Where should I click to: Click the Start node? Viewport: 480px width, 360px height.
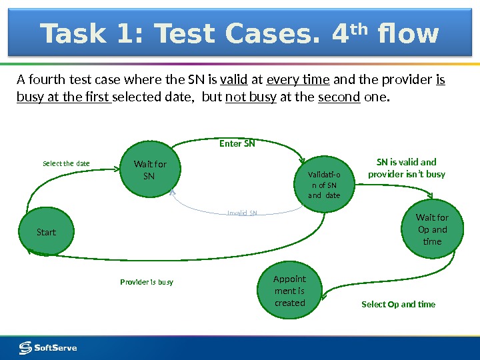pyautogui.click(x=46, y=232)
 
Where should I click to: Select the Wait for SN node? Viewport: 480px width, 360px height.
pyautogui.click(x=150, y=170)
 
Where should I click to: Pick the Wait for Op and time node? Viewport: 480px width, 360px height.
pyautogui.click(x=432, y=229)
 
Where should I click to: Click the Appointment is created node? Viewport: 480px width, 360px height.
pyautogui.click(x=289, y=291)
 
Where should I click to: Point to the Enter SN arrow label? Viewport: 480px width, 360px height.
pyautogui.click(x=237, y=143)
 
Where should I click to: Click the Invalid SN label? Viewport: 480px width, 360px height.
pyautogui.click(x=242, y=213)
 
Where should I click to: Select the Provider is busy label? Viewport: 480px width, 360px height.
pyautogui.click(x=147, y=282)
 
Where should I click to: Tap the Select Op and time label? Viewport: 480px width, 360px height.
pyautogui.click(x=398, y=304)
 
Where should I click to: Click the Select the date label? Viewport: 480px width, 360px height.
pyautogui.click(x=66, y=163)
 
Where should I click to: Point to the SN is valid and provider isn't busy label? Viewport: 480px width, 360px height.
pyautogui.click(x=406, y=168)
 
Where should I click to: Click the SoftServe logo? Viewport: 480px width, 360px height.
pyautogui.click(x=48, y=347)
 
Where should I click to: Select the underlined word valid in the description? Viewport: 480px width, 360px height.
pyautogui.click(x=233, y=81)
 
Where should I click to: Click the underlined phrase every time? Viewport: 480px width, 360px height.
pyautogui.click(x=298, y=81)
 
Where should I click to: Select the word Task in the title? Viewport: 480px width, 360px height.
pyautogui.click(x=74, y=34)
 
